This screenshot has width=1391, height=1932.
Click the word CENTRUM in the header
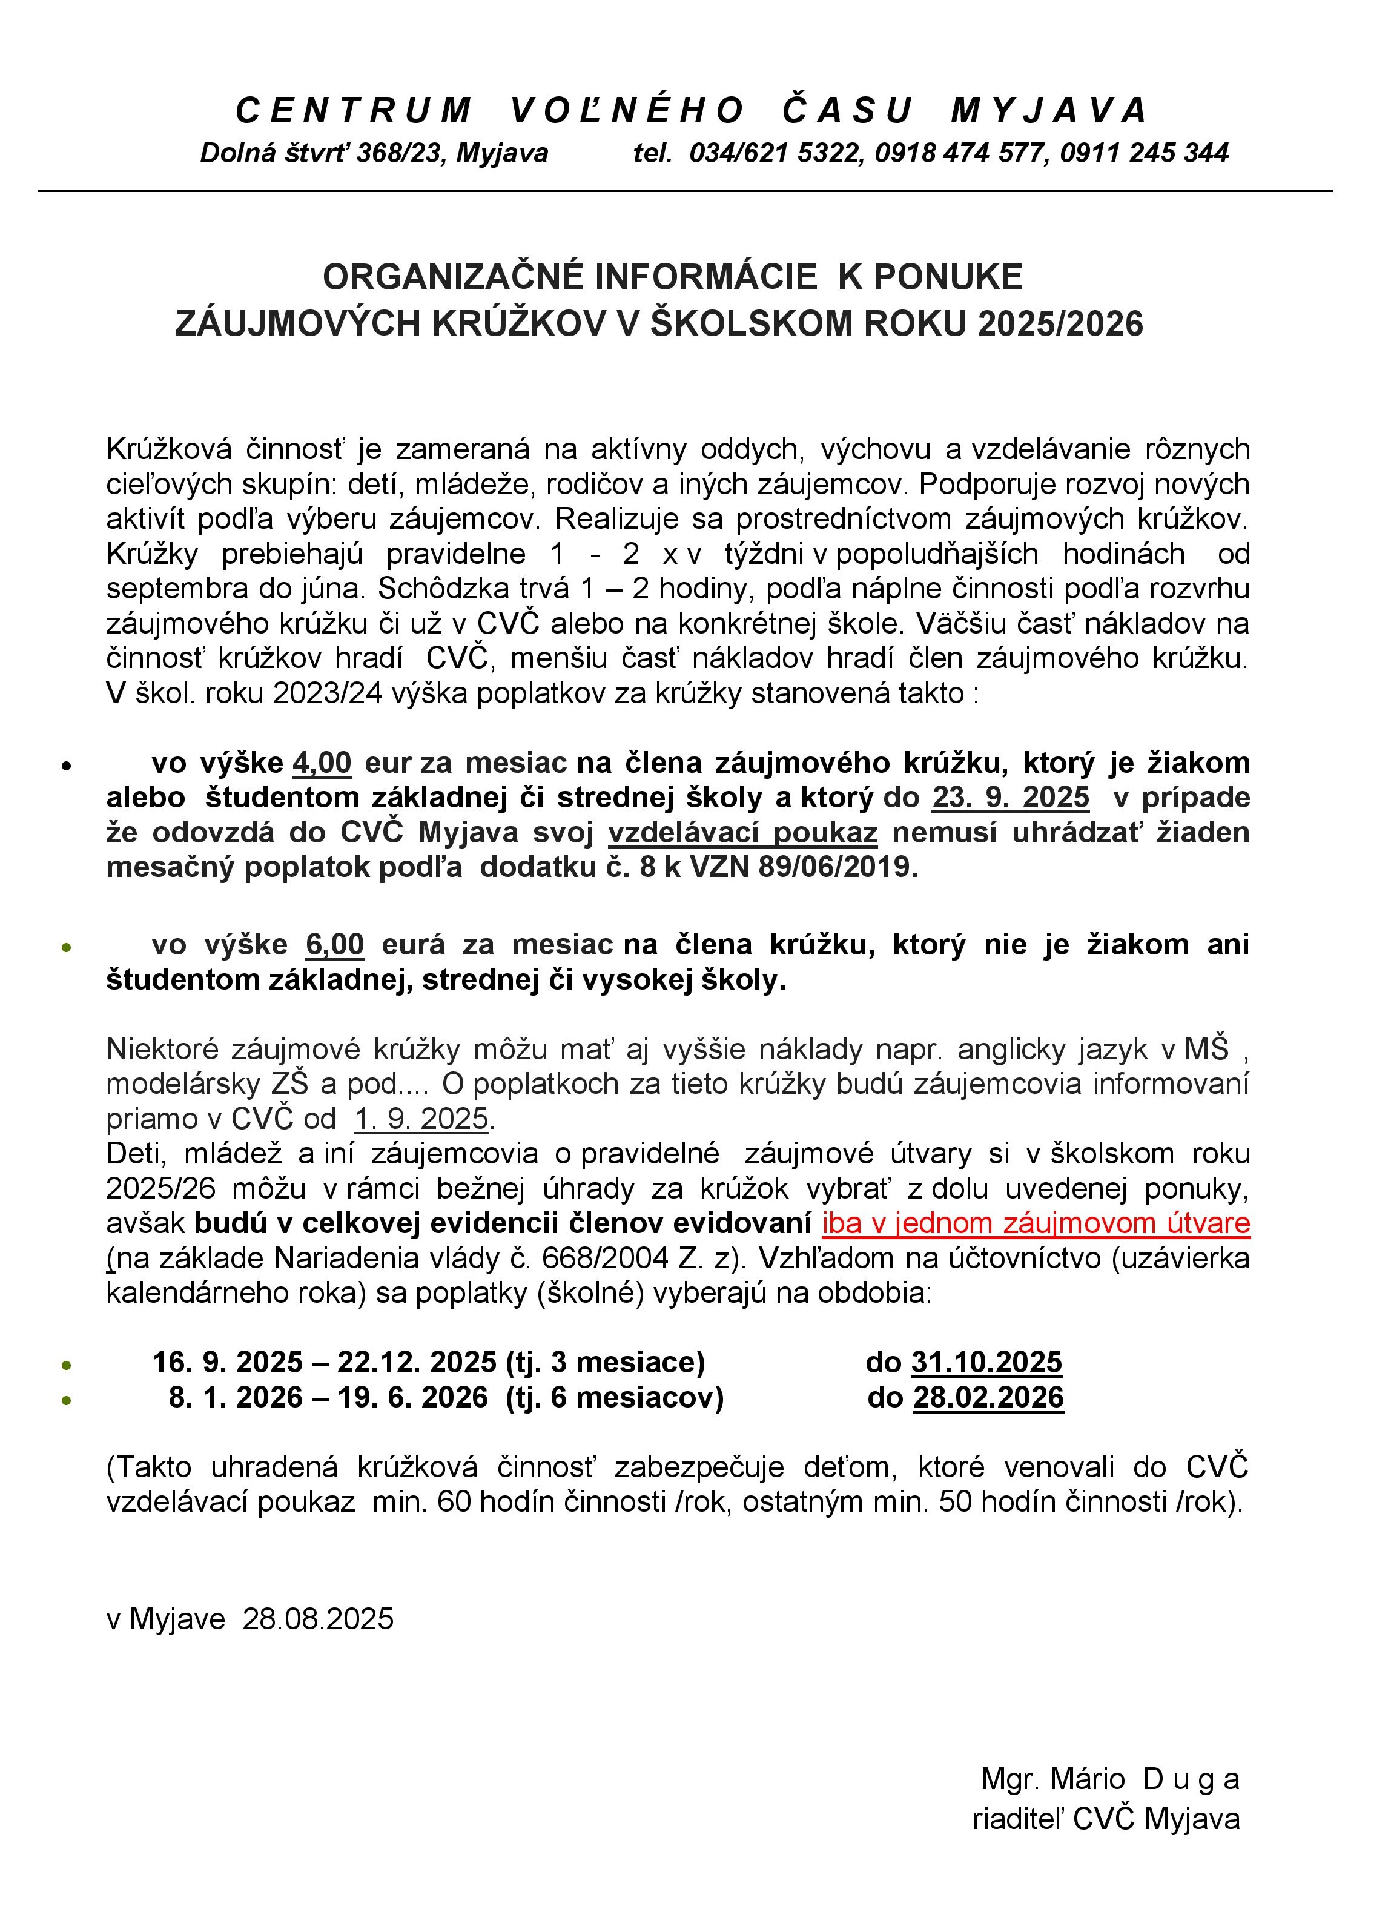354,111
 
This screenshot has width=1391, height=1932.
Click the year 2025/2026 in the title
1060,325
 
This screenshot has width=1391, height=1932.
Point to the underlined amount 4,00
322,763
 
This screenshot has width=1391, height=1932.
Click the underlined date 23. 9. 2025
1010,798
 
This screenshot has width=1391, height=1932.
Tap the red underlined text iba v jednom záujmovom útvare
1036,1223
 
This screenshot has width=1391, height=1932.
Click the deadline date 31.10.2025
986,1362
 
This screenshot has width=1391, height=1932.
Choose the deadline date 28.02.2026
988,1397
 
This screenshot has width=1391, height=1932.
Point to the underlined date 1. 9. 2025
421,1119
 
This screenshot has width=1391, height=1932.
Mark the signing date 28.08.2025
319,1618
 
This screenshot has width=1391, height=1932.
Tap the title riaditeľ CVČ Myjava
1106,1819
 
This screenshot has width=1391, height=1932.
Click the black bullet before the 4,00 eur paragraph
65,766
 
